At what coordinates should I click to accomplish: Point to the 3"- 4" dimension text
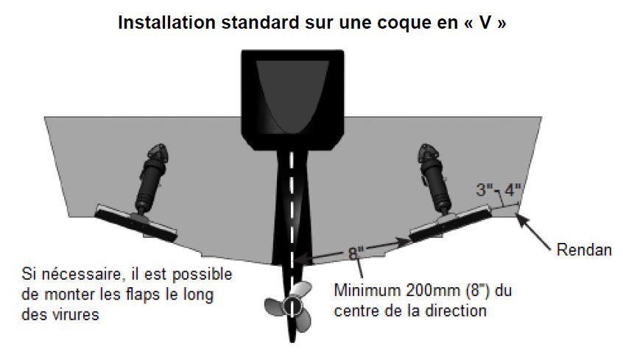pos(499,189)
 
